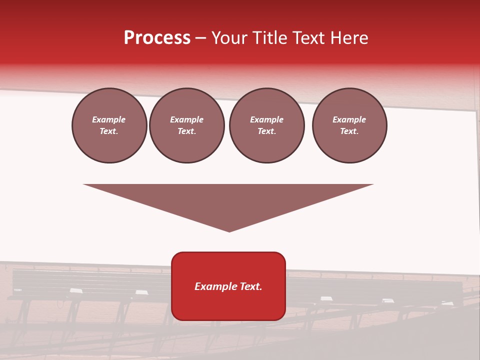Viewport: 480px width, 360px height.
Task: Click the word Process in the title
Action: (157, 38)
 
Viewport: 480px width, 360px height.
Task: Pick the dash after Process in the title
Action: (200, 38)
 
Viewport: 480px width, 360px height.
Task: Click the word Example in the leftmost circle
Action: (109, 119)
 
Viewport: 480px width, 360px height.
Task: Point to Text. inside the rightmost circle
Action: (349, 131)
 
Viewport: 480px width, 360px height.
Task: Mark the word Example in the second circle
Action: (186, 119)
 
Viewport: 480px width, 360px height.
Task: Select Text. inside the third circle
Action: (266, 131)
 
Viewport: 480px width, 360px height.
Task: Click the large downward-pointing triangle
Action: (228, 200)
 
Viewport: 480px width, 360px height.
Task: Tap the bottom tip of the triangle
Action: (229, 230)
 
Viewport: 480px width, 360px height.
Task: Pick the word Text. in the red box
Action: (250, 286)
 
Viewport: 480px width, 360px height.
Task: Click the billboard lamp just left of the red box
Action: (142, 292)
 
